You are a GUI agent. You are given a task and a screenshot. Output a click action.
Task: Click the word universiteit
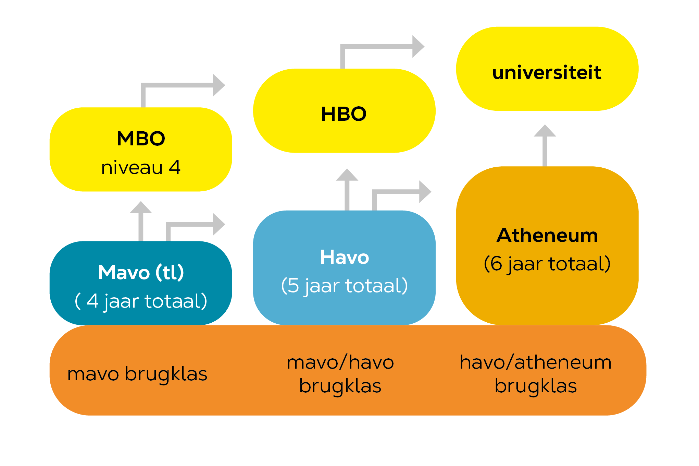click(x=547, y=73)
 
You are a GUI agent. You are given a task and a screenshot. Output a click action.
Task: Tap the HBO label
click(x=344, y=114)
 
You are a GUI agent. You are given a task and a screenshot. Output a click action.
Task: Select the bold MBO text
click(x=141, y=139)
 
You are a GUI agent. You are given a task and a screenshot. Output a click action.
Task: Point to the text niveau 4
click(x=141, y=168)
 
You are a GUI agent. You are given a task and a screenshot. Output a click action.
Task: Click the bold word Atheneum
click(x=547, y=236)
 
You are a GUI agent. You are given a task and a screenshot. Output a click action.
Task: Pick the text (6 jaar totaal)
click(x=547, y=264)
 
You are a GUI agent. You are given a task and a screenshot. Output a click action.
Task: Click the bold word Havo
click(x=345, y=257)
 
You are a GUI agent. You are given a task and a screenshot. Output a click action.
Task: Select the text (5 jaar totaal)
click(x=345, y=286)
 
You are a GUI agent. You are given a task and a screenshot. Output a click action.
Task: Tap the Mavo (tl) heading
click(x=141, y=273)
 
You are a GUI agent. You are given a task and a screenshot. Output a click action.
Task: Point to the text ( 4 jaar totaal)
click(x=141, y=301)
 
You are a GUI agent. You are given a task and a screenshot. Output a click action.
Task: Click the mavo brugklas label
click(x=137, y=374)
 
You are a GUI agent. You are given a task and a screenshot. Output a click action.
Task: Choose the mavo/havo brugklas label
click(x=340, y=374)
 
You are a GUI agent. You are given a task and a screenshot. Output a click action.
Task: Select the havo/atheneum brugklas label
click(x=536, y=374)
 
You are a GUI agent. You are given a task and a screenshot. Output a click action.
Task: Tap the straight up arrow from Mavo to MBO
click(x=141, y=221)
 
